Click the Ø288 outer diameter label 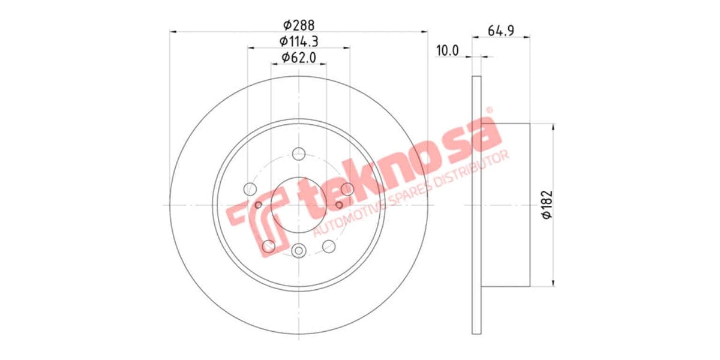(299, 25)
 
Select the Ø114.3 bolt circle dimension (299, 41)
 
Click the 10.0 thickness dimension (447, 50)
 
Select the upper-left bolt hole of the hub (251, 190)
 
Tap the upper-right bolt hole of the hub (347, 190)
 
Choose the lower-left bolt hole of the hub (269, 246)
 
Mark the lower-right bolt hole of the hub (329, 246)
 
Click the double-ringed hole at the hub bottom (299, 251)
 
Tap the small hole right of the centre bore (339, 205)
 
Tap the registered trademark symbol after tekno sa (489, 110)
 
